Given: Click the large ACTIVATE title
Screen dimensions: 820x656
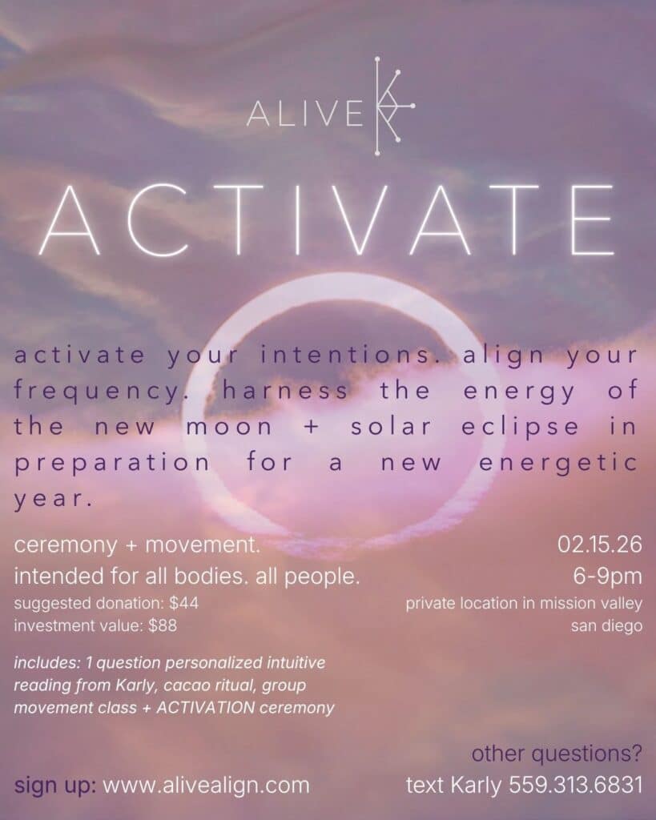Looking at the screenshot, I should [328, 219].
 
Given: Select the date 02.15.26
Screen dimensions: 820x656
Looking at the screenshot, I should [599, 548].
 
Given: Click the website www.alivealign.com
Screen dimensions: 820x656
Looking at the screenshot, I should [207, 785].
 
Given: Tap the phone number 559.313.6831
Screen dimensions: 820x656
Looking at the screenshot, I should [575, 785].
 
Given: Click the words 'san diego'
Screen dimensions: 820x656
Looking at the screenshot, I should [606, 625].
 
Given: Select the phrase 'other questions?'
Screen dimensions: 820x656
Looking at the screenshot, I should [557, 754].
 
